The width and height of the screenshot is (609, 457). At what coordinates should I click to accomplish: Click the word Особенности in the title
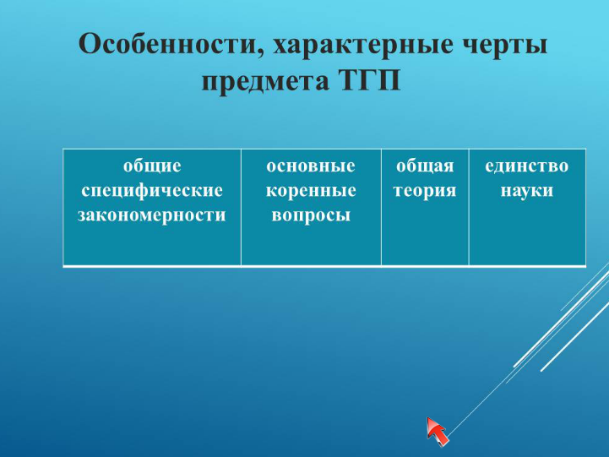(167, 43)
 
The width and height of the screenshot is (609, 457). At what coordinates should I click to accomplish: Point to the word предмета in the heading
(265, 82)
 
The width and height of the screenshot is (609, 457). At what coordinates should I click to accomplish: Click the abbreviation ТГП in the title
(371, 80)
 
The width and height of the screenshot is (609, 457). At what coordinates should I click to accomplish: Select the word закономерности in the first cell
(152, 215)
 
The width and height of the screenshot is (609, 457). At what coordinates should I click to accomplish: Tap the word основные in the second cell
(311, 166)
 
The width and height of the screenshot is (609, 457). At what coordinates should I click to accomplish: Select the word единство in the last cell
(527, 166)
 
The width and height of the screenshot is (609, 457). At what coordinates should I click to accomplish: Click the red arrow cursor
(437, 431)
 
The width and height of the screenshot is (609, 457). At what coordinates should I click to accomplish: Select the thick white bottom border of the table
(324, 266)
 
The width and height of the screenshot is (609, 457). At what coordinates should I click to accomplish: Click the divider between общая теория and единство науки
(469, 207)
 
